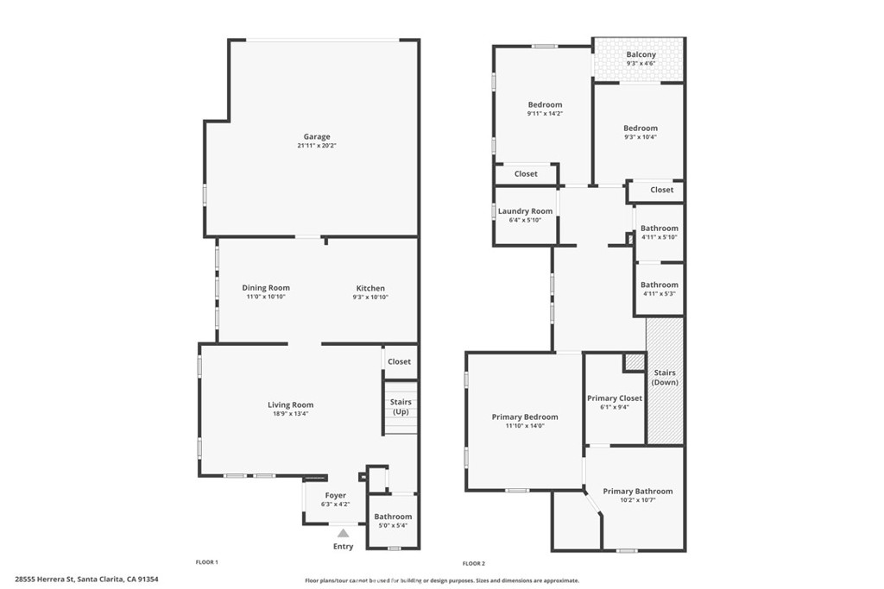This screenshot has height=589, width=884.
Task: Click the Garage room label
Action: click(x=316, y=136)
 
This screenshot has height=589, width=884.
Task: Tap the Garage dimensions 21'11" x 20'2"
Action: click(x=316, y=146)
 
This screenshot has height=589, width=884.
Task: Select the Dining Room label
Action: click(x=266, y=288)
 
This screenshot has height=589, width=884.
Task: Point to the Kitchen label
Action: click(x=371, y=288)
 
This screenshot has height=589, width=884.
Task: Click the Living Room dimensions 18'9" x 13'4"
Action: click(x=290, y=414)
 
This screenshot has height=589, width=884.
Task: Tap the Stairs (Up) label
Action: click(x=401, y=407)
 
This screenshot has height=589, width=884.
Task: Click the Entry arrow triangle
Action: click(x=343, y=534)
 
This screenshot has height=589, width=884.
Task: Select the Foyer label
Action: click(x=335, y=496)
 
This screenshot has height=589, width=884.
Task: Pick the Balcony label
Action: click(x=641, y=55)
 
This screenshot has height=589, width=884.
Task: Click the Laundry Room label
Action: click(x=525, y=211)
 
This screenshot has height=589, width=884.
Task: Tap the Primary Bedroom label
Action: click(x=525, y=417)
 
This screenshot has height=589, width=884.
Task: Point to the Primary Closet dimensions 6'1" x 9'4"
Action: click(x=615, y=408)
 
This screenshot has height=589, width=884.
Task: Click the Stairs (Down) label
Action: click(x=665, y=378)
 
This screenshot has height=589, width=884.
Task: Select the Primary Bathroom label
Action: click(x=638, y=492)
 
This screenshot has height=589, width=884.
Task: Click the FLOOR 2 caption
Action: click(x=475, y=562)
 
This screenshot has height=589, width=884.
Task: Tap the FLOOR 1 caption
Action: click(x=206, y=562)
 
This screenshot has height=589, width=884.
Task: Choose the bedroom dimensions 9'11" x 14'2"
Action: click(x=545, y=114)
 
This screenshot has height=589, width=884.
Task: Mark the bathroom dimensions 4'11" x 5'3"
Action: click(x=660, y=294)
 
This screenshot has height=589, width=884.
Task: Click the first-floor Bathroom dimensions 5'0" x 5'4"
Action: click(x=392, y=527)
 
